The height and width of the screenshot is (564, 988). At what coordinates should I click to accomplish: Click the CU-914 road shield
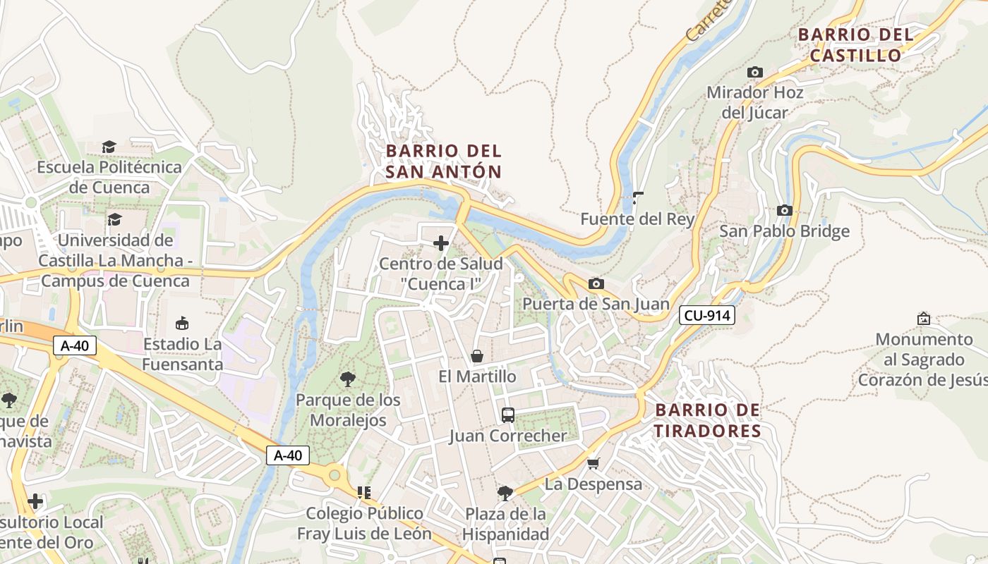707,315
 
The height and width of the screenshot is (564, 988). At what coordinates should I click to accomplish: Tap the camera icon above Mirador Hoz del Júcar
755,72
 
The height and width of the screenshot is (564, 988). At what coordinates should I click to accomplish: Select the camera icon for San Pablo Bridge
784,210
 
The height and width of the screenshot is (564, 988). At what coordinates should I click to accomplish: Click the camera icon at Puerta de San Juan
596,283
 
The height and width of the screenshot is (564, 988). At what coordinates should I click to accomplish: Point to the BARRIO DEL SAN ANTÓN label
444,161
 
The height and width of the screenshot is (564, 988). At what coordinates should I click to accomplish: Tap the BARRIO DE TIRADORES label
707,421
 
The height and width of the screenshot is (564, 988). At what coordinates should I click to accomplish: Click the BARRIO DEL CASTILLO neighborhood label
855,45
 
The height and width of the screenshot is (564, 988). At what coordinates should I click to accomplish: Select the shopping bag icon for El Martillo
477,356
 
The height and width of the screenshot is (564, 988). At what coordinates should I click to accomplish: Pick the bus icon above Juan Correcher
508,415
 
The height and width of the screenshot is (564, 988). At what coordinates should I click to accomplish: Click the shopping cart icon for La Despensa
593,463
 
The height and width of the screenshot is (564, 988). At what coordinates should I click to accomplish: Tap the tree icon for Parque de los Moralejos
347,379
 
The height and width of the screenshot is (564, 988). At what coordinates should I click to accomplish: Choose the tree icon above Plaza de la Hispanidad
505,492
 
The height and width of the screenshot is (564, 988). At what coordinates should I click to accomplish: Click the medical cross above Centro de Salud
441,243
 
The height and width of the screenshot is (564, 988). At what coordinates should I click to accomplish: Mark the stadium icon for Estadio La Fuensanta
182,324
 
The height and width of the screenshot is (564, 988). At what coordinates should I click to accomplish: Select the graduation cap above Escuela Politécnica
109,147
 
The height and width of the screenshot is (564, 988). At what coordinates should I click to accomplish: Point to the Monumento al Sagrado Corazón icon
923,319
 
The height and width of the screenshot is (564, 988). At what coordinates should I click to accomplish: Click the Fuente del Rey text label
637,219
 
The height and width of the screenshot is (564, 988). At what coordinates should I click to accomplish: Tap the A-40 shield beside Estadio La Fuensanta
74,345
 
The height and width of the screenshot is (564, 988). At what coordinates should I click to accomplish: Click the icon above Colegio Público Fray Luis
364,492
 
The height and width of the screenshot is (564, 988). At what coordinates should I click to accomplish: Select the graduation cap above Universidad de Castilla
114,219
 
